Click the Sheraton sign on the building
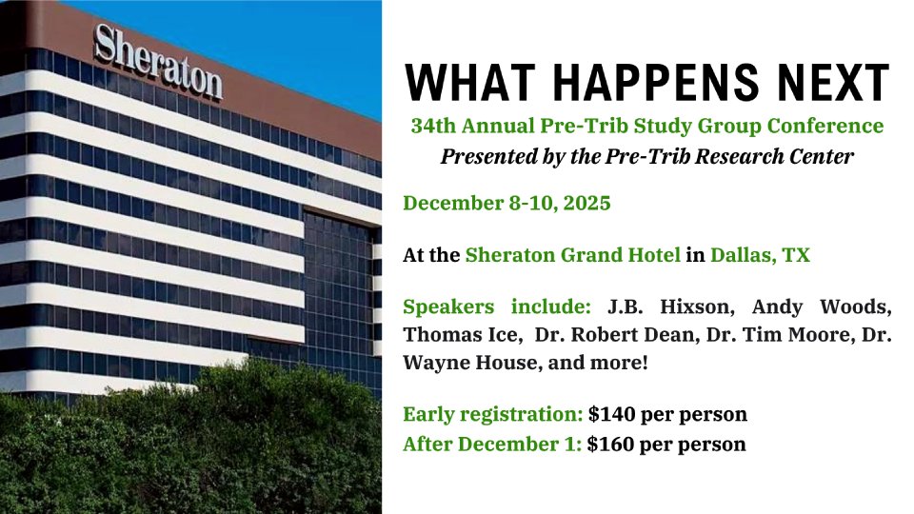pos(158,62)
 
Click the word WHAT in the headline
pos(470,82)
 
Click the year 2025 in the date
pos(587,203)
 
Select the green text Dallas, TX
pos(760,255)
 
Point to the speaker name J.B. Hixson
pos(670,306)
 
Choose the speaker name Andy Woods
pos(822,306)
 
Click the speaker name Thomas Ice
pos(460,334)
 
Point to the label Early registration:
pos(493,414)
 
